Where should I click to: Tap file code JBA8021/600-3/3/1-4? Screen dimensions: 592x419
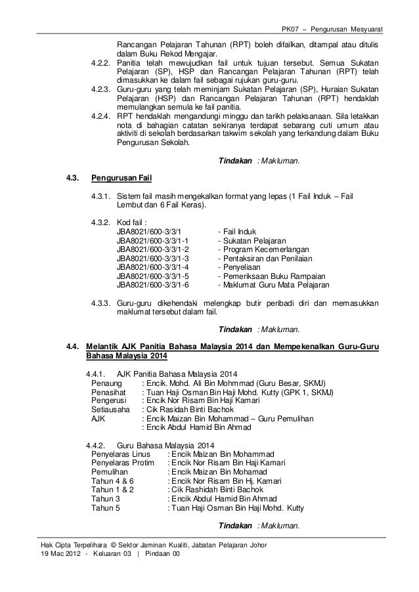coord(152,268)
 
